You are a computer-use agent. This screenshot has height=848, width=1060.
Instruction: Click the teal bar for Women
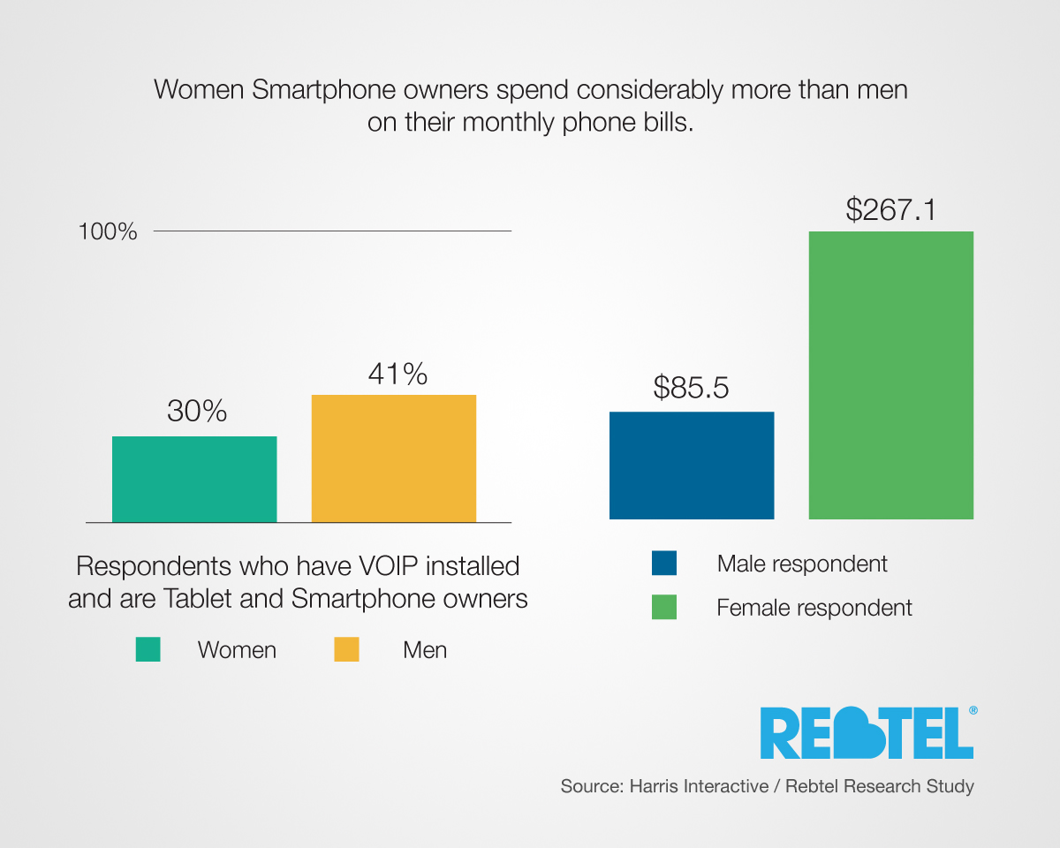coord(194,479)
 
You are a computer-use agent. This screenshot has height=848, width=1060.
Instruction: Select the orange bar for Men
coord(394,458)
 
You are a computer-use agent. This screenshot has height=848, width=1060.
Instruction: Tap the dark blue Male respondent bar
coord(692,465)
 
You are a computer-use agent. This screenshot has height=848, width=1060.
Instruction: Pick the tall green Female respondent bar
coord(891,375)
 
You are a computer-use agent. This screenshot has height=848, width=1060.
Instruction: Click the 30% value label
coord(197,411)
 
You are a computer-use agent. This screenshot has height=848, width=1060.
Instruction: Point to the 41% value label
coord(397,374)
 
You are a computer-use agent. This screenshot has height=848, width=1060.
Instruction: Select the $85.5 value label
coord(692,387)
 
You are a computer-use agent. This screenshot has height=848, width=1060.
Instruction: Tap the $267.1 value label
coord(890,209)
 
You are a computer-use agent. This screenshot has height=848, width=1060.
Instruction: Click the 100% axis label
coord(108,232)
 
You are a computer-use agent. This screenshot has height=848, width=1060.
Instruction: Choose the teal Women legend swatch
coord(148,650)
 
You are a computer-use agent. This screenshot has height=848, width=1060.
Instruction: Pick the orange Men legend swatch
coord(346,650)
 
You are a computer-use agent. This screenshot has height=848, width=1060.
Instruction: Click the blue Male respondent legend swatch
coord(663,564)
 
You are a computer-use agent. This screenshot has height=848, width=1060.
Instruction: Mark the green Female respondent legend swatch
coord(663,608)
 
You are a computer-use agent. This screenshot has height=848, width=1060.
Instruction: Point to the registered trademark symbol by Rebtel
coord(973,709)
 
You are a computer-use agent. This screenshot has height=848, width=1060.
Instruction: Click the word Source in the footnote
coord(589,786)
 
